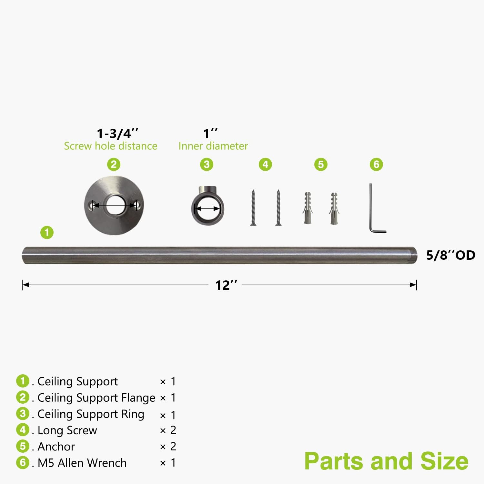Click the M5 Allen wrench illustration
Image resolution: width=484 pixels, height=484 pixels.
point(371,210)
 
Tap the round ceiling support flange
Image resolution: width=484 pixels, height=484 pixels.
point(97,219)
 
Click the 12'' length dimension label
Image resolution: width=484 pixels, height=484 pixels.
point(227,285)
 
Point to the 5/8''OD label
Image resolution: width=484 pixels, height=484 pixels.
point(450,255)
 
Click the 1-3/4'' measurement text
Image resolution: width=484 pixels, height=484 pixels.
point(118,133)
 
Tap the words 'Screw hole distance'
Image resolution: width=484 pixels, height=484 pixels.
point(111,146)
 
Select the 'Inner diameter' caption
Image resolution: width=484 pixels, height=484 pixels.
point(213,146)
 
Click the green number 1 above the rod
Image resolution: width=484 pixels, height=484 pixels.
point(47,232)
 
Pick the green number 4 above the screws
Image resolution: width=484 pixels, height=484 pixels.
point(265,165)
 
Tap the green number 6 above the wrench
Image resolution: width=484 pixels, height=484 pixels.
point(376,165)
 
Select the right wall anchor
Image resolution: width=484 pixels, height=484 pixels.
point(334,208)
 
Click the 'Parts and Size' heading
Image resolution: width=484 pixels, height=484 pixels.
point(386,461)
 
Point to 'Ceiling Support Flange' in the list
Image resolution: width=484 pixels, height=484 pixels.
point(96,398)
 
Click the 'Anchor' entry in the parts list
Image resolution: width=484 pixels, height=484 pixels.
point(56,447)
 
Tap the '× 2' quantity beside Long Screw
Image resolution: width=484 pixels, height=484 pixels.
point(168,430)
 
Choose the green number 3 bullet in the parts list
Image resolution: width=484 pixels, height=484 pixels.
point(23,414)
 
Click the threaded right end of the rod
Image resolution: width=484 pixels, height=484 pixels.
point(413,255)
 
